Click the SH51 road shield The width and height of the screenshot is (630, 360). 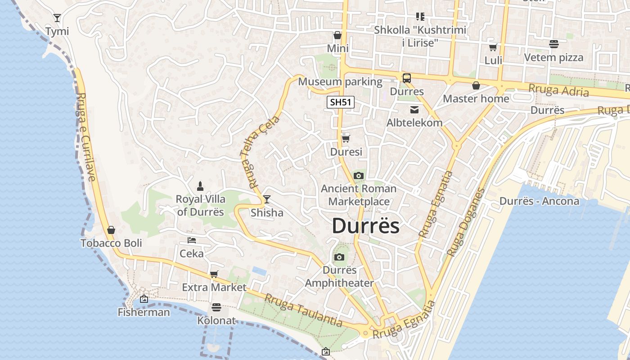[340, 102]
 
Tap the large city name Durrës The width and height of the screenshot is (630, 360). [365, 226]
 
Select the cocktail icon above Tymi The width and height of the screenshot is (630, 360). [57, 18]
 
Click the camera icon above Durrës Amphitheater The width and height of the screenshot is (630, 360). [339, 257]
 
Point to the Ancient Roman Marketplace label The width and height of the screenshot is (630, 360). [359, 195]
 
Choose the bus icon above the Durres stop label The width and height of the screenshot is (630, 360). [407, 78]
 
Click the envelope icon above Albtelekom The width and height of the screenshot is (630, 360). [414, 110]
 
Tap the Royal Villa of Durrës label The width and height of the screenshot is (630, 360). [200, 205]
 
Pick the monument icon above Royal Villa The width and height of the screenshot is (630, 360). [200, 186]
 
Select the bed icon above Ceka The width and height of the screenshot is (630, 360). [192, 240]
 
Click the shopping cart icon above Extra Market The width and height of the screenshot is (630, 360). [214, 274]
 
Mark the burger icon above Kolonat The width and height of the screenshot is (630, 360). [216, 307]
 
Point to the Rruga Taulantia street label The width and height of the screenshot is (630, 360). [303, 310]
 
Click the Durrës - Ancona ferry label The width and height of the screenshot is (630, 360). [539, 201]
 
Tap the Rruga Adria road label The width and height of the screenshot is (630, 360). [558, 90]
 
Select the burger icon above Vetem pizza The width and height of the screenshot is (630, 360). [553, 44]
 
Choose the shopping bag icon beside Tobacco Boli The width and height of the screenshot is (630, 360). [111, 230]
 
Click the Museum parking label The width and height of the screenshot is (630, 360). [340, 82]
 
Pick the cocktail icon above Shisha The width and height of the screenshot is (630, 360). [267, 199]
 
